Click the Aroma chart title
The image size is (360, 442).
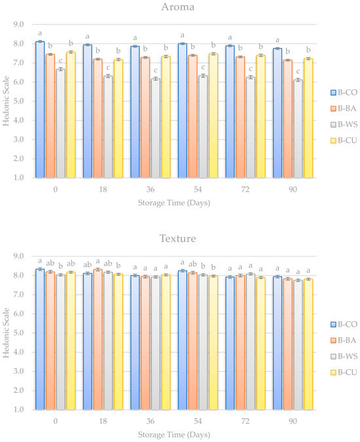tap(177, 7)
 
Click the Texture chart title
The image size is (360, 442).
tap(178, 238)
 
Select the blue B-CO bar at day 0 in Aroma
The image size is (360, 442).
tap(40, 109)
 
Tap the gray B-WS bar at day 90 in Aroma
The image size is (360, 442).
tap(298, 129)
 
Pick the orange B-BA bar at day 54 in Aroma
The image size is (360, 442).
tap(192, 117)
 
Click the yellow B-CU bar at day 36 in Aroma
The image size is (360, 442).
tap(166, 117)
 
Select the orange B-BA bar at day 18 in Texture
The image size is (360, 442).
tap(98, 340)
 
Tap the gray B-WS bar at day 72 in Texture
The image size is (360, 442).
tap(251, 342)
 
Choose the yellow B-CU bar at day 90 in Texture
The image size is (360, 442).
tap(308, 344)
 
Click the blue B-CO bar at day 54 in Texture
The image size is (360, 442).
tap(182, 341)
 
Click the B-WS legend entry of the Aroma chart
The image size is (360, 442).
tap(344, 124)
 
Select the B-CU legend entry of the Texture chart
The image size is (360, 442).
tap(344, 373)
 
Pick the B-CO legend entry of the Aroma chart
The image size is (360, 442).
tap(344, 92)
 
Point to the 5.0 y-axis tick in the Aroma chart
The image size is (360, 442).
tap(18, 101)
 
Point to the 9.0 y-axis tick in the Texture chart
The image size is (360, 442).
tap(18, 256)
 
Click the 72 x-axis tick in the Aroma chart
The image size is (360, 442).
tap(245, 189)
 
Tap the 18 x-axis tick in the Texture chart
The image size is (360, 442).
tap(103, 421)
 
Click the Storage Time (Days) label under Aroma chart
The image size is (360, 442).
tap(174, 203)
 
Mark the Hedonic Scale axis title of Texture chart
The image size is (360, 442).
tap(6, 333)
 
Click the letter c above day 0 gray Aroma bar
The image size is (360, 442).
tap(61, 61)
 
